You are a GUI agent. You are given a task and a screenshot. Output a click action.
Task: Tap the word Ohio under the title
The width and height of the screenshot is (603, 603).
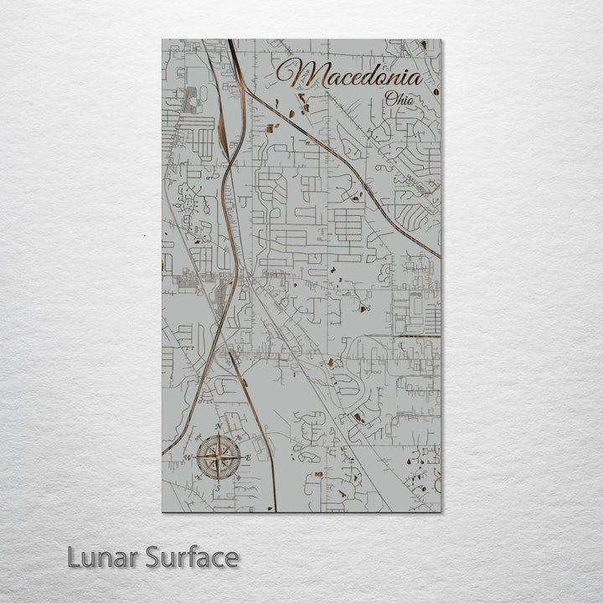click(x=399, y=100)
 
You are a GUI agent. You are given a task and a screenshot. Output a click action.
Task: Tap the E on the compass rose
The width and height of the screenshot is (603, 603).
click(x=248, y=456)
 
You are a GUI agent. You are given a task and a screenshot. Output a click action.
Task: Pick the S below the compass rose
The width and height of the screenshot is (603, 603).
click(x=219, y=486)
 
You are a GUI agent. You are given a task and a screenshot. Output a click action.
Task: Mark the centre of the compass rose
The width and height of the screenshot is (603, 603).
click(x=219, y=456)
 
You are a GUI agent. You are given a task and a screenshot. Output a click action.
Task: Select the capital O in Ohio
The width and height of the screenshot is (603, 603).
click(x=389, y=100)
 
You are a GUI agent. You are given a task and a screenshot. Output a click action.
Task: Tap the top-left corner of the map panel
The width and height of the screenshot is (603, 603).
click(x=162, y=39)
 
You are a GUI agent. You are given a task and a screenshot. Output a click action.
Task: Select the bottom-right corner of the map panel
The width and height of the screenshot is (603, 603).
click(x=441, y=511)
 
